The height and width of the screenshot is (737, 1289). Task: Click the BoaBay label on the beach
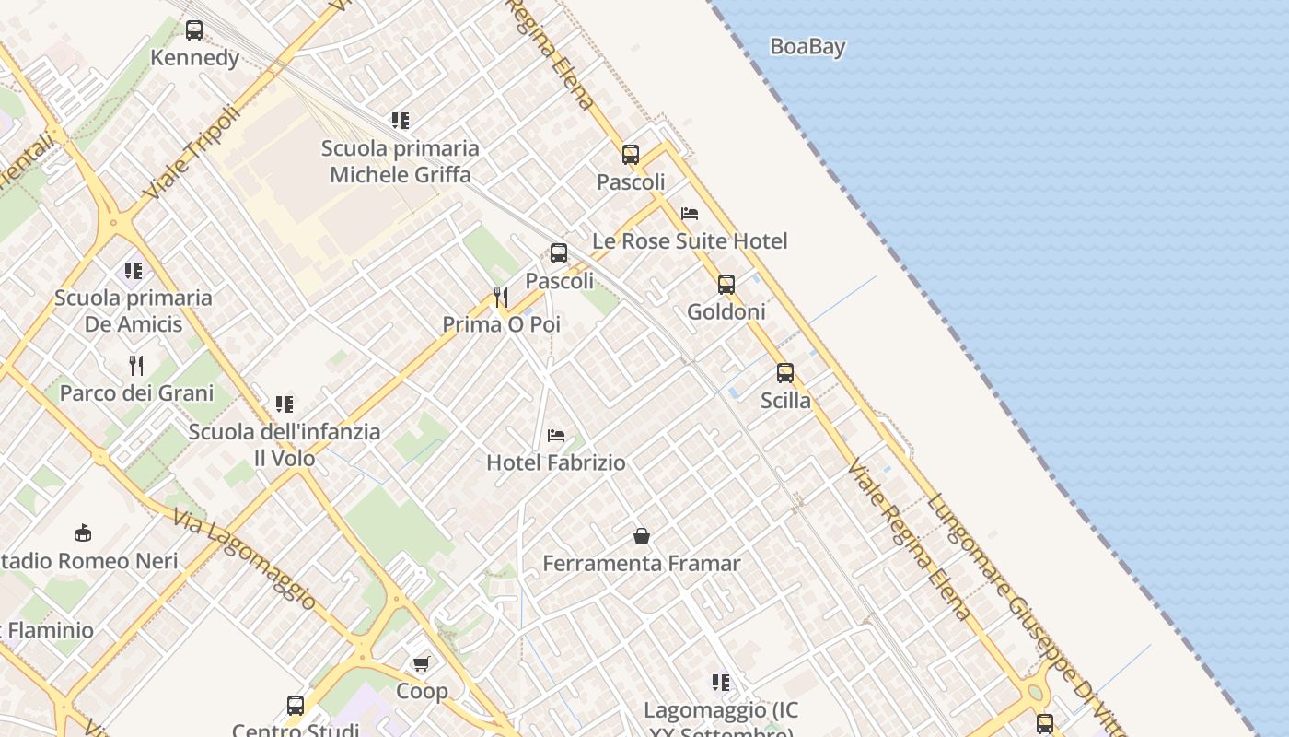click(x=807, y=47)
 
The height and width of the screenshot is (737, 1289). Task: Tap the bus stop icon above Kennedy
click(x=194, y=30)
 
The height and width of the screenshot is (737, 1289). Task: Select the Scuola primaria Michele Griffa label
click(x=400, y=161)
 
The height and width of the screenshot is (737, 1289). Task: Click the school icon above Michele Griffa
click(x=400, y=121)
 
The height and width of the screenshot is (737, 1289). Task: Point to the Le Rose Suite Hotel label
click(x=690, y=241)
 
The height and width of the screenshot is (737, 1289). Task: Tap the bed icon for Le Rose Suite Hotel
click(x=690, y=214)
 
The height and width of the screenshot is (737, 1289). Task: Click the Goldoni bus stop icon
click(x=726, y=285)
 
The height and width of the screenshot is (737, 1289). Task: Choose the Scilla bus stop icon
click(x=785, y=373)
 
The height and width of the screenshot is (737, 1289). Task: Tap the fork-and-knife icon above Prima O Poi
click(x=501, y=297)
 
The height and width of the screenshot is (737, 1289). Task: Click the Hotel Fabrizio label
click(x=556, y=462)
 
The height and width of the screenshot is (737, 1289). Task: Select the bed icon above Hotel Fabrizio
click(x=556, y=436)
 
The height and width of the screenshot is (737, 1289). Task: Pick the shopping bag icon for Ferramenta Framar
click(x=642, y=536)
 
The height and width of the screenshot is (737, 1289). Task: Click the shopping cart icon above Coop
click(x=422, y=663)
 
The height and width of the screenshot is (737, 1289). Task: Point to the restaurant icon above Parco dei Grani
click(x=136, y=366)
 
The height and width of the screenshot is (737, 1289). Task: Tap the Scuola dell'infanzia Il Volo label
click(x=285, y=444)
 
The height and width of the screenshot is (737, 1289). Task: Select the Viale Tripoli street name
click(x=192, y=153)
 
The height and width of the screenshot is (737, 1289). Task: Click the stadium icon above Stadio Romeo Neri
click(x=83, y=532)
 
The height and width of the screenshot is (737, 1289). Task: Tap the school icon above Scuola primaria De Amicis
click(x=134, y=271)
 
